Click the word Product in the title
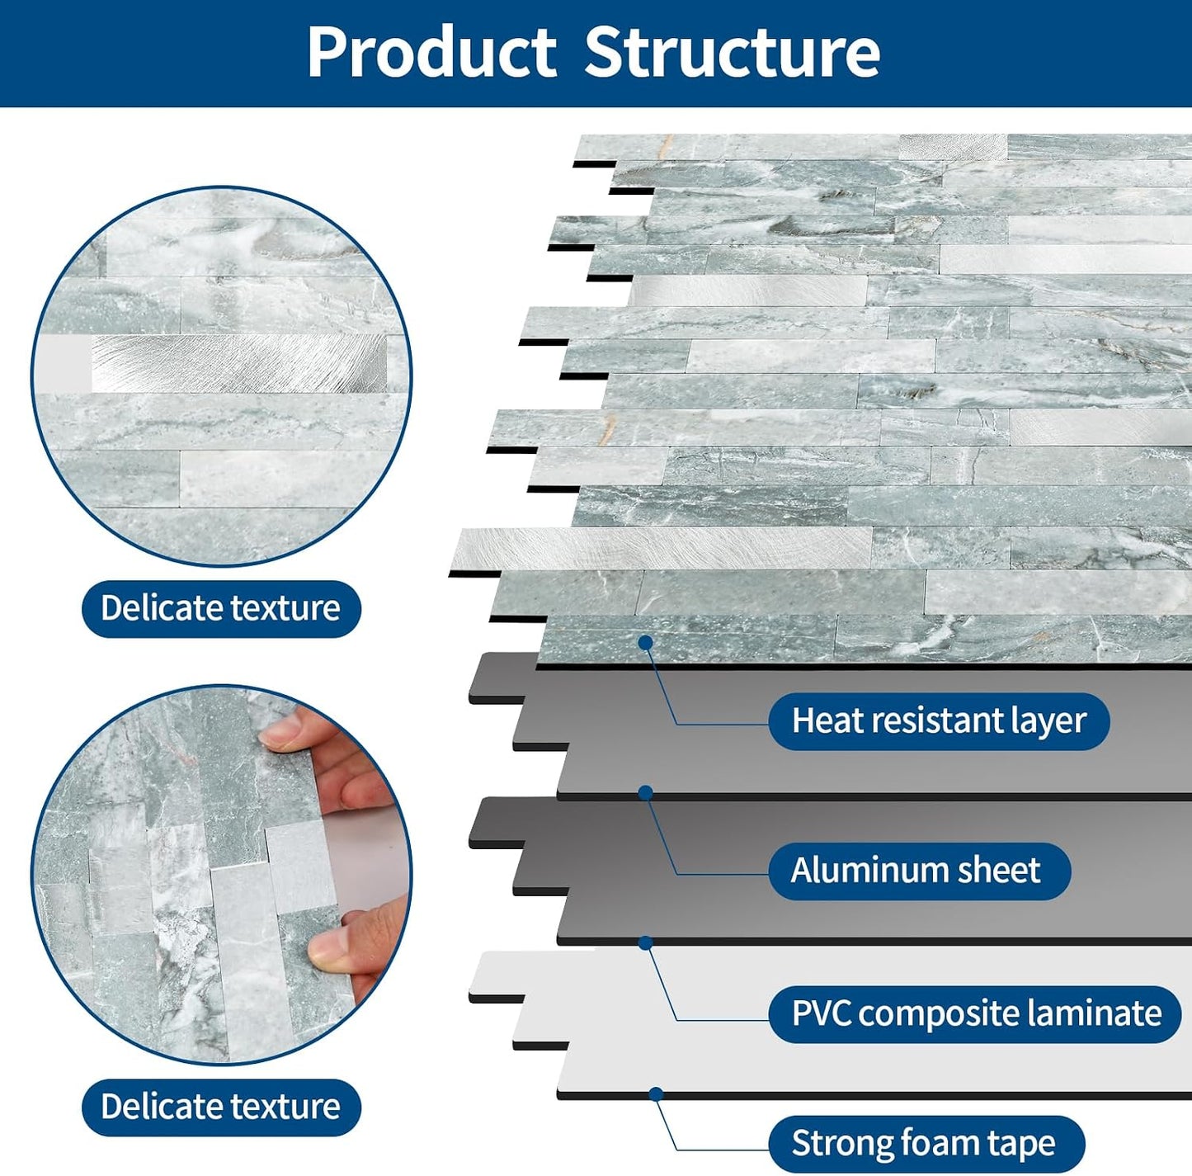click(431, 52)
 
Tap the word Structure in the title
click(732, 52)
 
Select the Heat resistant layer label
click(939, 721)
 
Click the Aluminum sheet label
click(919, 871)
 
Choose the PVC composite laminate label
click(975, 1014)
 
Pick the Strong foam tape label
click(926, 1144)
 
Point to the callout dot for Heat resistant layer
click(646, 643)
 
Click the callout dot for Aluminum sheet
click(646, 793)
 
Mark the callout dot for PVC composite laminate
click(646, 943)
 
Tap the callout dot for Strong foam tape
click(657, 1094)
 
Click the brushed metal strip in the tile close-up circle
click(238, 363)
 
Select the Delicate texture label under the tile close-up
click(221, 608)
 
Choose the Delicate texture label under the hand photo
click(221, 1108)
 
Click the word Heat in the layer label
click(822, 721)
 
